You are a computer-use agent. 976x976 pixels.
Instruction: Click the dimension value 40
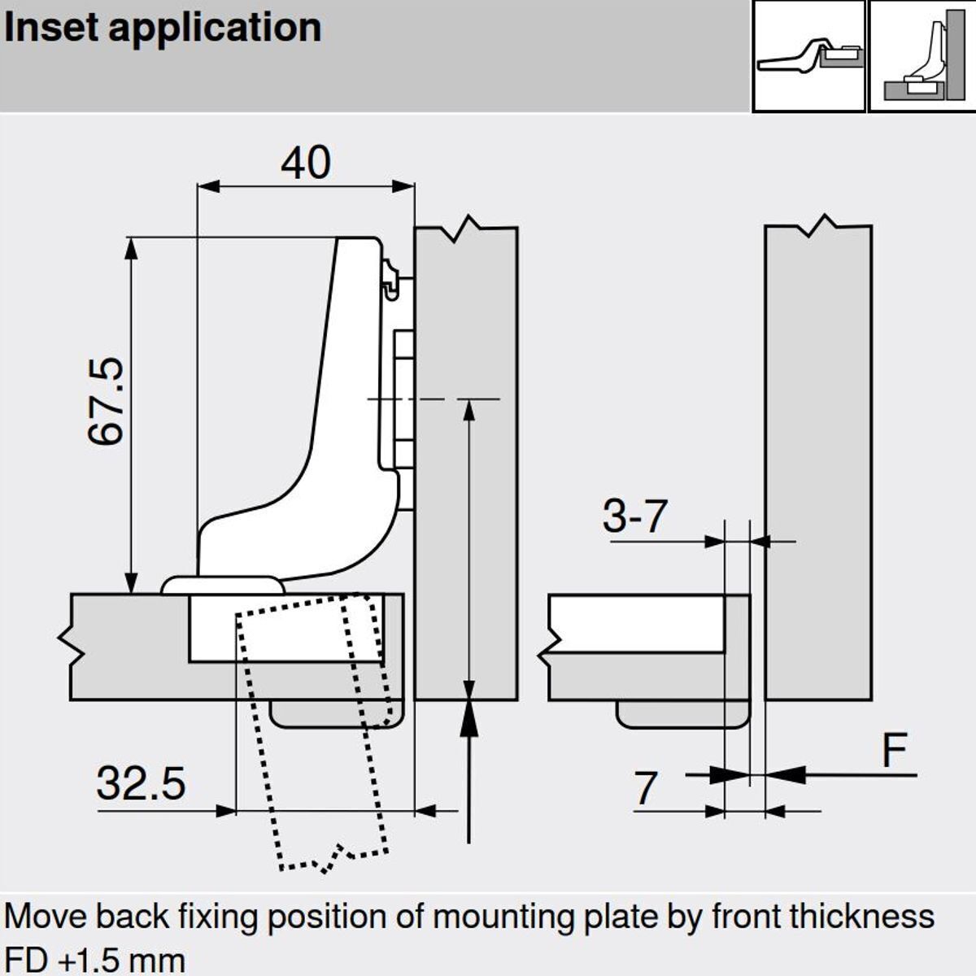306,163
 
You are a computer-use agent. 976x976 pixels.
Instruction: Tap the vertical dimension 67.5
107,401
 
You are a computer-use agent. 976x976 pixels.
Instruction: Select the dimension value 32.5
141,784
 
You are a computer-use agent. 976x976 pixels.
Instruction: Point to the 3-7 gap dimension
635,516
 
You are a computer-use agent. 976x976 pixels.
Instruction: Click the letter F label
894,750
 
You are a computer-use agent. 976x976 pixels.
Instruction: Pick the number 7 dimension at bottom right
644,788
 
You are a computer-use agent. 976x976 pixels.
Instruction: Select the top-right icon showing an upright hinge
922,56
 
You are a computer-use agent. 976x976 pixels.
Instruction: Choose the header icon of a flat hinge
808,56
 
